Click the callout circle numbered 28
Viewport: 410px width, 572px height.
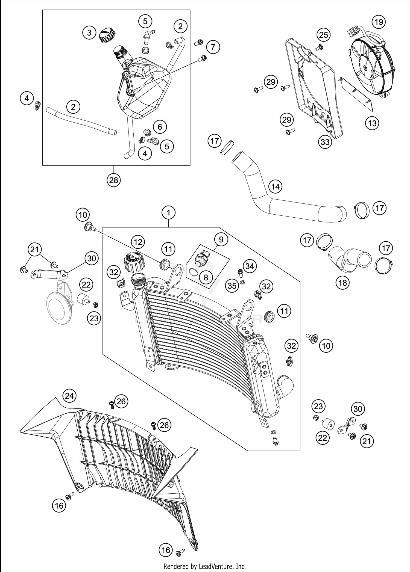click(114, 180)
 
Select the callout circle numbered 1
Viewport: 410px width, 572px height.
click(168, 212)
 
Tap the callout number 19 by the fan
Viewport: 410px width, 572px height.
click(379, 22)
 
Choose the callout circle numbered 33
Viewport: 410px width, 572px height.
click(325, 142)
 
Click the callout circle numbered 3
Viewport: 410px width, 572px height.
click(89, 33)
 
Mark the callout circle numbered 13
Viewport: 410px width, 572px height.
click(372, 123)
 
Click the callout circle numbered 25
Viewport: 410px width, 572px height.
click(324, 35)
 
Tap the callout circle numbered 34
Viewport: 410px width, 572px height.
click(250, 266)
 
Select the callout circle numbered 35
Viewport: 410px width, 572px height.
click(232, 286)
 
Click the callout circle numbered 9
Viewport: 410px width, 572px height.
click(221, 239)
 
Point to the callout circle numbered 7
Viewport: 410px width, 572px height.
click(213, 47)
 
